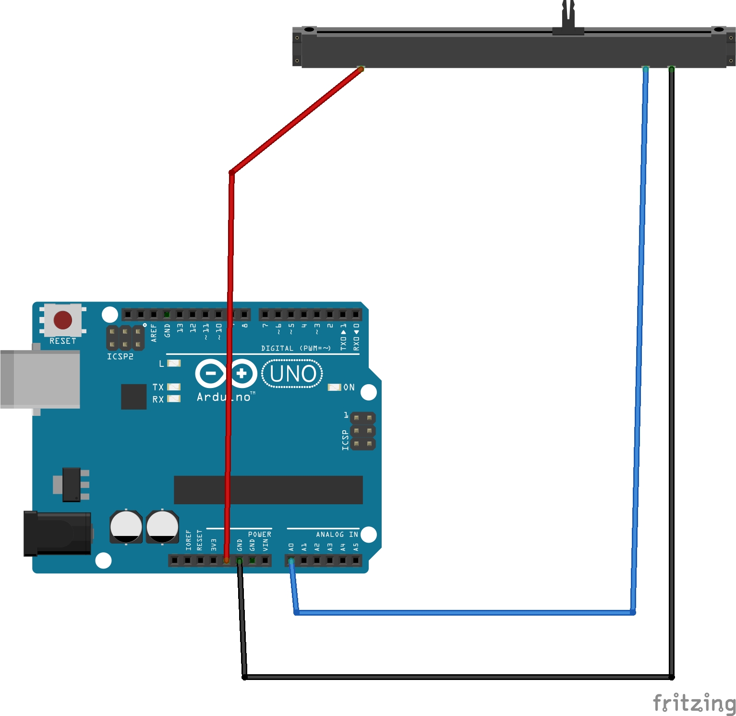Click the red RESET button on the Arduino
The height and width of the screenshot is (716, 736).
click(x=63, y=320)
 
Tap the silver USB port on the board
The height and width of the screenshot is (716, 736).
click(x=40, y=379)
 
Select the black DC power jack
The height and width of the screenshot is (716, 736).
click(x=58, y=534)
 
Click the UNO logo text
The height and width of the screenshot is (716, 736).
click(x=292, y=374)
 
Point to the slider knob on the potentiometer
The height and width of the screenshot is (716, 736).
click(x=568, y=19)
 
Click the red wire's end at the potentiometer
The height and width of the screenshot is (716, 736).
click(x=361, y=69)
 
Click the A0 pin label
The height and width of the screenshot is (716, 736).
click(x=291, y=547)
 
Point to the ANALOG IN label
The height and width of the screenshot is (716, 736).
click(x=337, y=534)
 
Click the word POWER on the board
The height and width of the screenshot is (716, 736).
click(x=259, y=534)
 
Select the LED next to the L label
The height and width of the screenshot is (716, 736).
click(x=174, y=364)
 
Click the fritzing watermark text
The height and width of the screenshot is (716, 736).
click(x=694, y=704)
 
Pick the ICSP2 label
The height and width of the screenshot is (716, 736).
click(x=120, y=356)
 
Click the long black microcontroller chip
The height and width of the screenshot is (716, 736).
click(x=268, y=490)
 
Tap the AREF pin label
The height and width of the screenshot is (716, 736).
click(x=154, y=333)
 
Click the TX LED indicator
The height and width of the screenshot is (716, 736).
click(x=174, y=387)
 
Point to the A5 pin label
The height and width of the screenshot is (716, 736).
click(x=356, y=547)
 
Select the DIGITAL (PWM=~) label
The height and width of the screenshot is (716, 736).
click(x=296, y=348)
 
